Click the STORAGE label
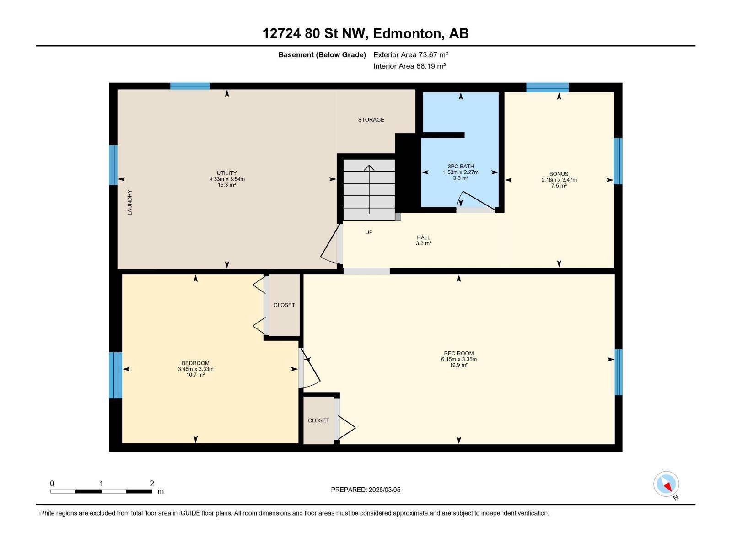pos(371,120)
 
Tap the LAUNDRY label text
pos(130,202)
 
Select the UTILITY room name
pos(227,173)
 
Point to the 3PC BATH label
pos(461,167)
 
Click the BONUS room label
pos(559,174)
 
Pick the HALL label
pos(424,237)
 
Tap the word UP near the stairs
pos(369,232)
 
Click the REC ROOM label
pos(458,353)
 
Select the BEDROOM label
pos(195,363)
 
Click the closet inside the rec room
pos(319,420)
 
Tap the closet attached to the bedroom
pos(284,305)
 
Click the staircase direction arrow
pos(369,189)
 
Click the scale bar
pos(102,491)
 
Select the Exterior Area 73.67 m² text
pos(410,54)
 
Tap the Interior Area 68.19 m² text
pos(409,66)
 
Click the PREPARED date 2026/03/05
pos(384,490)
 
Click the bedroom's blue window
pos(116,375)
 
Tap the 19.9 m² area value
pos(458,365)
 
